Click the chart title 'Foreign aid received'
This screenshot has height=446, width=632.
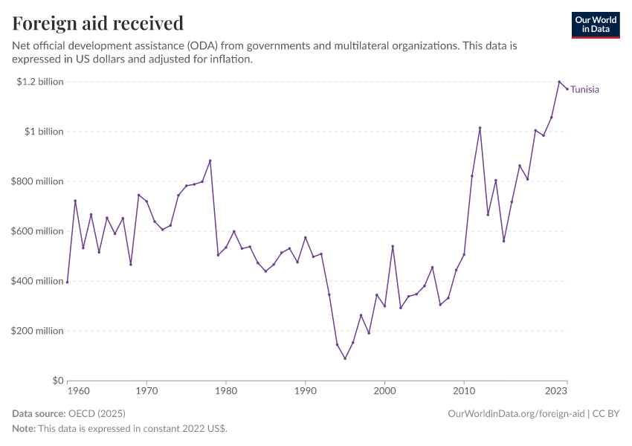coord(98,24)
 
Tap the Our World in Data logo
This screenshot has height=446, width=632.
coord(595,25)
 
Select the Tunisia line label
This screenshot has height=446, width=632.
coord(585,90)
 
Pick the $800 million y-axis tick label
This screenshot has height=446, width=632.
coord(36,181)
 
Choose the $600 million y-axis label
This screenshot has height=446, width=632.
coord(36,231)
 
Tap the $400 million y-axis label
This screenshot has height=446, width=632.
coord(36,281)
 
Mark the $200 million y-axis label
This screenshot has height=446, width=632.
coord(36,331)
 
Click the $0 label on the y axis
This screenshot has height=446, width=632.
coord(57,381)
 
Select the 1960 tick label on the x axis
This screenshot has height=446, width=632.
coord(78,390)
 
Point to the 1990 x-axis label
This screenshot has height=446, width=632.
coord(306,390)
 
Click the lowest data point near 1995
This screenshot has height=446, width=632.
coord(345,358)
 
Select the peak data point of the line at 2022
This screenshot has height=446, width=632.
coord(559,82)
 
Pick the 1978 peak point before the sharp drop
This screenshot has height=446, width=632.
coord(210,161)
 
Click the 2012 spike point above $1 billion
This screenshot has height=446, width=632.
coord(480,128)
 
